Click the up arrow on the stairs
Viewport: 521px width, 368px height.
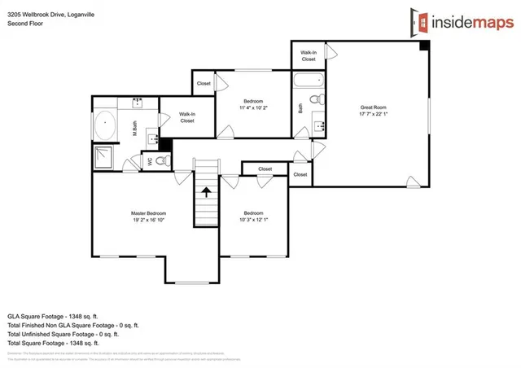(x=207, y=193)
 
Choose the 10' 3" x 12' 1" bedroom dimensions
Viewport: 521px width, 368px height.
(x=254, y=220)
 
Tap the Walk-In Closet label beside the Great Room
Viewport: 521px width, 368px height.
(x=309, y=55)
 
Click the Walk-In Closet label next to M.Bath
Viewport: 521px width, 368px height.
(x=186, y=117)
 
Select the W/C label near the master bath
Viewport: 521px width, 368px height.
(x=149, y=161)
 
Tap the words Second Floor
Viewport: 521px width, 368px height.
(x=26, y=24)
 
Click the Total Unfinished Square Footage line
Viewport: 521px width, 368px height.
(x=63, y=334)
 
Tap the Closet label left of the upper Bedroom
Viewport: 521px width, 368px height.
(x=204, y=83)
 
